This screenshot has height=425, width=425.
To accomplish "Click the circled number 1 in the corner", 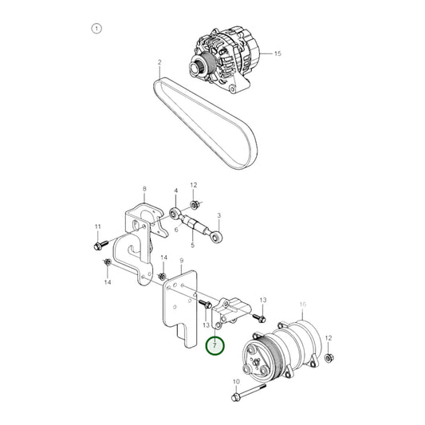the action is [x=96, y=29].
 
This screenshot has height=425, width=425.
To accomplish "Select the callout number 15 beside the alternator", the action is [x=277, y=53].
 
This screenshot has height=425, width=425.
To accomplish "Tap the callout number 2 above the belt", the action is [x=159, y=62].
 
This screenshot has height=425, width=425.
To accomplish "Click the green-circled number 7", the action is [x=215, y=345].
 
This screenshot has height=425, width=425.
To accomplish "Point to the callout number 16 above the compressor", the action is [x=302, y=305].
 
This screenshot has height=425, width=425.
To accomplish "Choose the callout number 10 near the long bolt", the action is [x=236, y=381].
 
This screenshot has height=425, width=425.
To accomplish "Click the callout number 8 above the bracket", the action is [x=144, y=189].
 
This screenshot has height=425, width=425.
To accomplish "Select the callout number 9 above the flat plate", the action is [x=182, y=261].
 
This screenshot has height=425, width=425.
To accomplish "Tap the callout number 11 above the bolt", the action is [x=97, y=226].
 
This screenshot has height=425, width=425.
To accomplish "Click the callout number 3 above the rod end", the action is [x=219, y=215].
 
